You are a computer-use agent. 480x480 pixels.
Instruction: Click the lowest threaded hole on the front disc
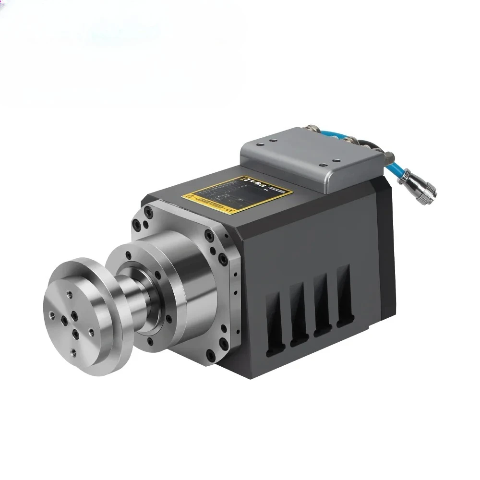72,352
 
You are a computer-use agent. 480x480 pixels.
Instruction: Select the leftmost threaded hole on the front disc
51,315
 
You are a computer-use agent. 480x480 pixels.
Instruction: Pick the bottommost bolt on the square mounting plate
209,356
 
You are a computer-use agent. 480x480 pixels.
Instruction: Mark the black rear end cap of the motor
386,250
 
